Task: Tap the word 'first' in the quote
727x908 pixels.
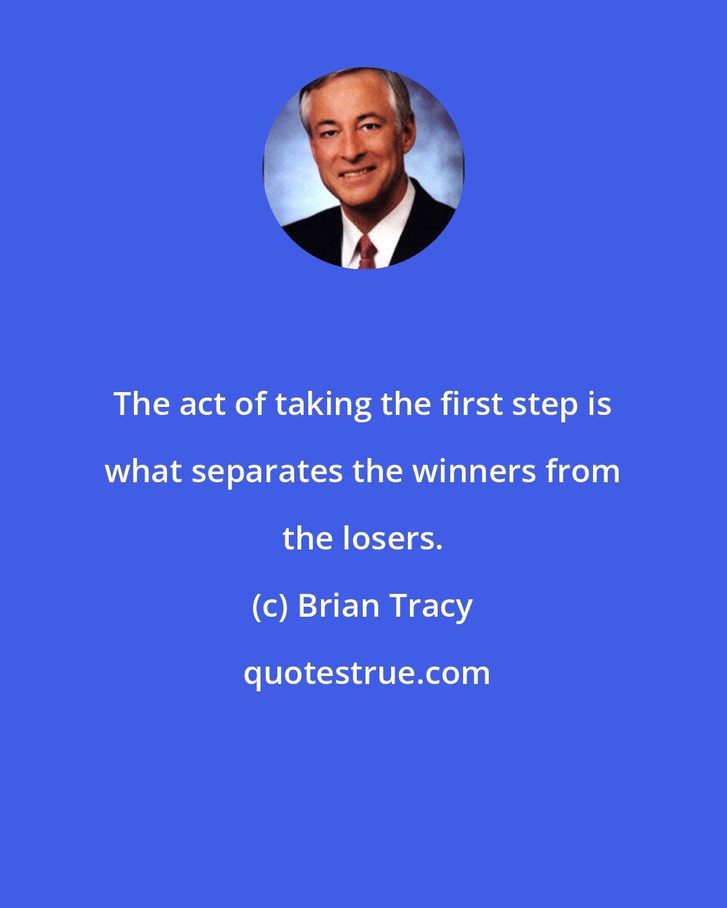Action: tap(471, 404)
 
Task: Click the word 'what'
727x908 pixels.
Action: tap(143, 471)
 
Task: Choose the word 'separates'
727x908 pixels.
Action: tap(267, 473)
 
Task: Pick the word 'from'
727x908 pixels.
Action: tap(583, 471)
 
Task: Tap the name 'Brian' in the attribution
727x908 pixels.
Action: tap(338, 606)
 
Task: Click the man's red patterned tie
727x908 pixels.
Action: tap(366, 253)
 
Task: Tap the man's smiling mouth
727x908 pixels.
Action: tap(356, 173)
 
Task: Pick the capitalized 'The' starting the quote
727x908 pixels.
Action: tap(141, 405)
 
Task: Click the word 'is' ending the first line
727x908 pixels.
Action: tap(599, 405)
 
